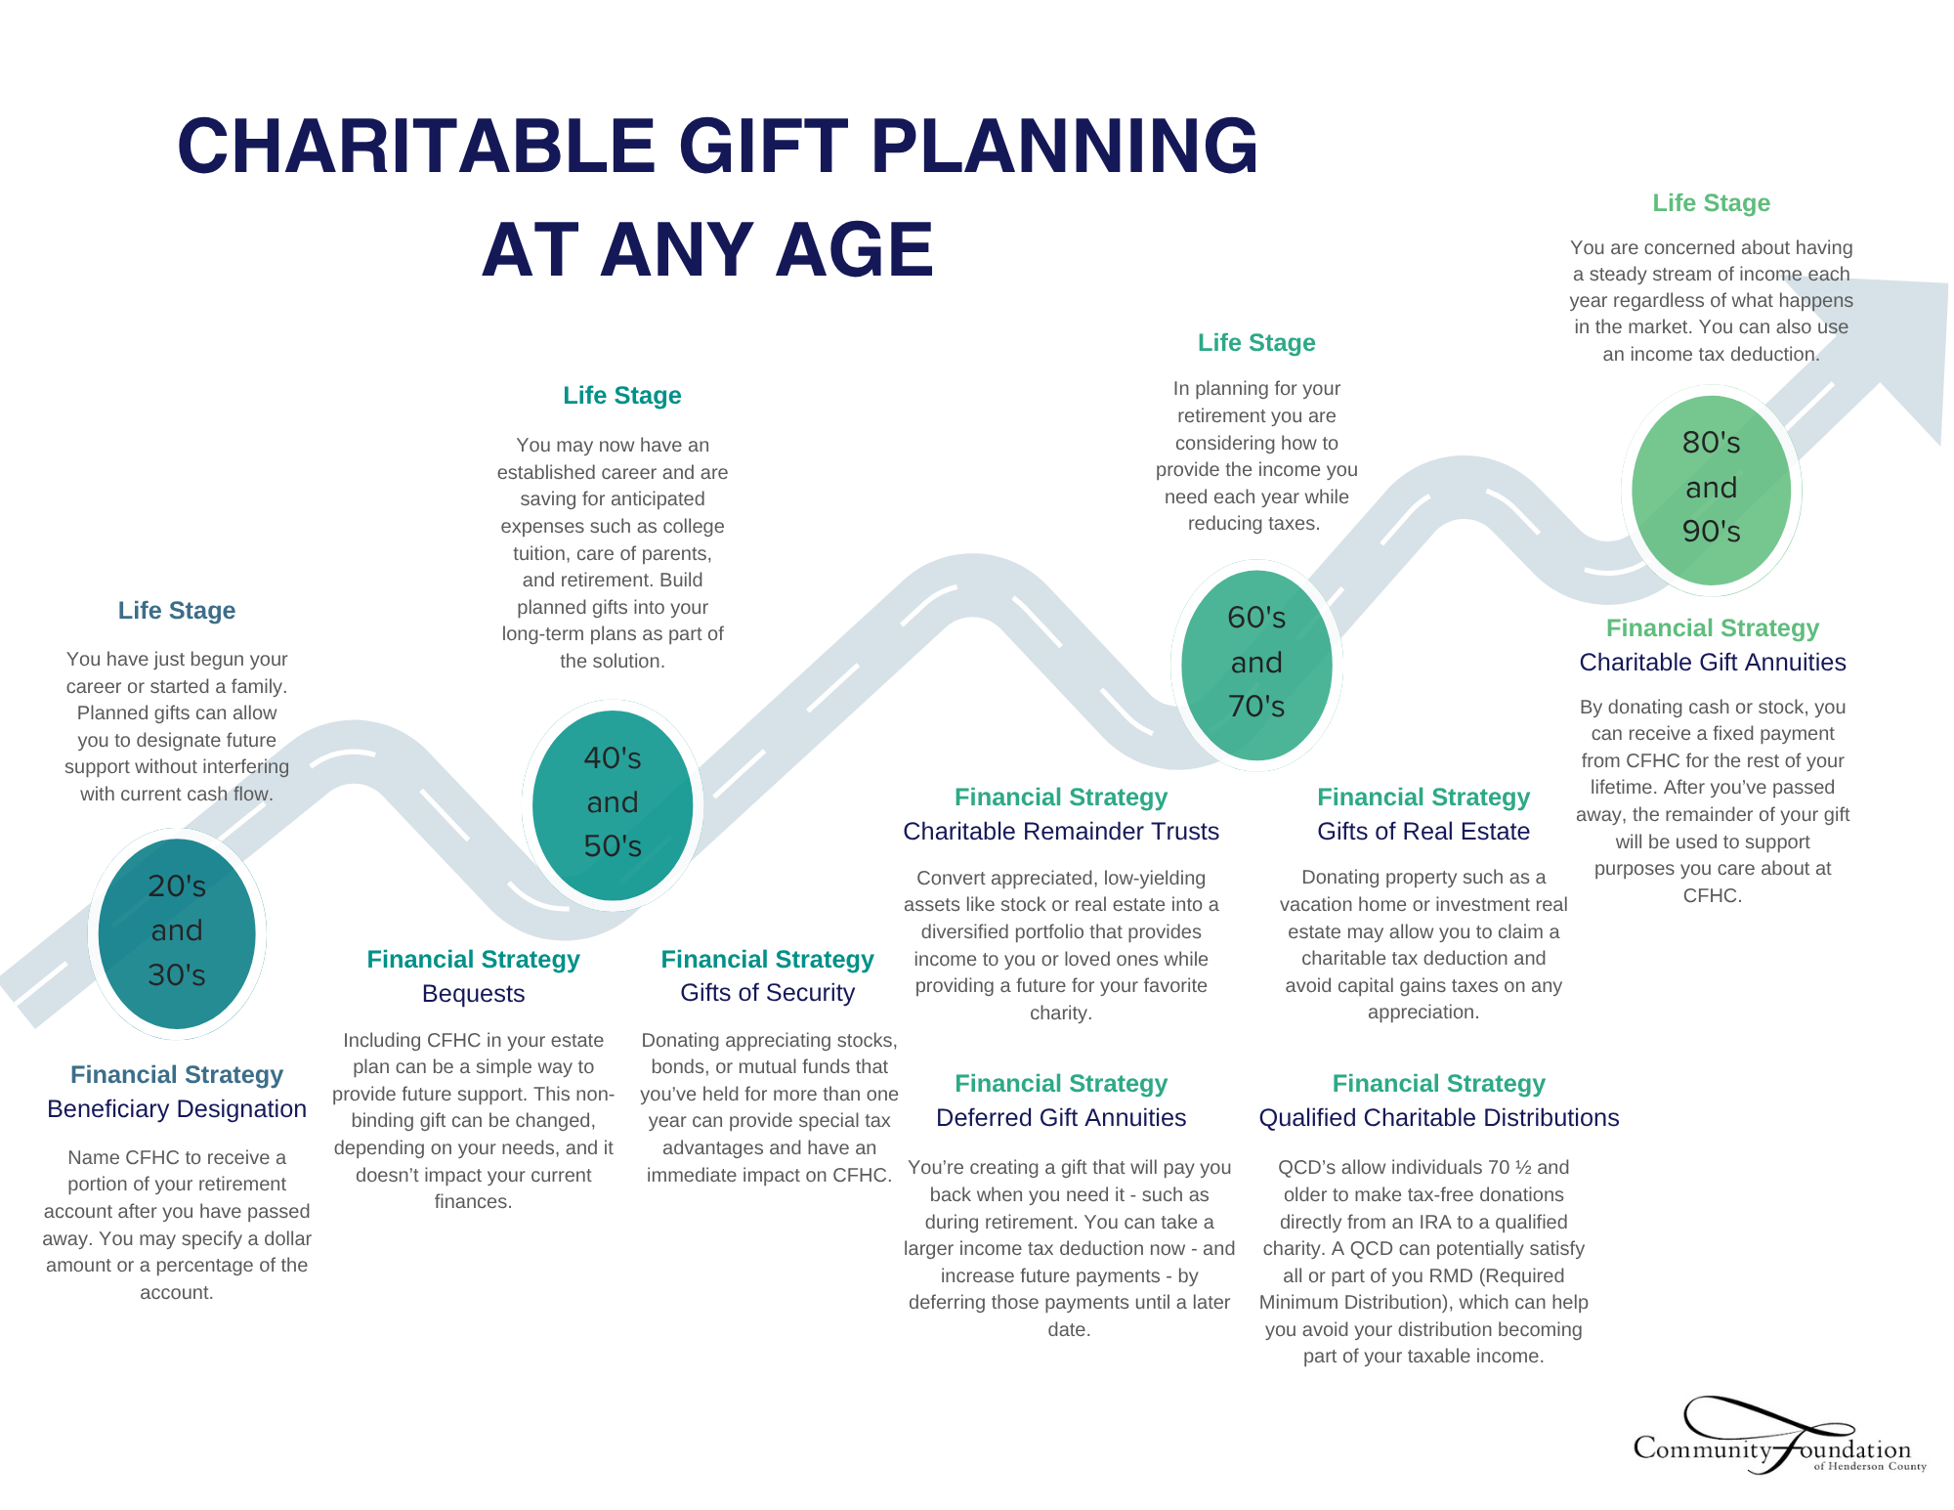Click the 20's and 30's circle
(x=177, y=932)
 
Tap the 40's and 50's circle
(x=613, y=803)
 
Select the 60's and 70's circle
(x=1256, y=664)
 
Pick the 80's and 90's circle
(x=1712, y=489)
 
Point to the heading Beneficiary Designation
(x=177, y=1109)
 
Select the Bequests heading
(x=474, y=994)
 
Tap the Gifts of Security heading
(x=768, y=993)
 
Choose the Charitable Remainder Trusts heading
(x=1061, y=832)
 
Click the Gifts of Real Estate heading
(x=1423, y=832)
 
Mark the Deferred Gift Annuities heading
(x=1061, y=1118)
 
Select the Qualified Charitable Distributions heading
(x=1439, y=1118)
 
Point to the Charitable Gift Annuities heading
(x=1713, y=663)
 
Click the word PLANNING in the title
(x=1064, y=147)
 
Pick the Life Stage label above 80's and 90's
(x=1712, y=203)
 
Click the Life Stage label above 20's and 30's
(x=177, y=611)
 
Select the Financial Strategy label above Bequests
(x=474, y=960)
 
